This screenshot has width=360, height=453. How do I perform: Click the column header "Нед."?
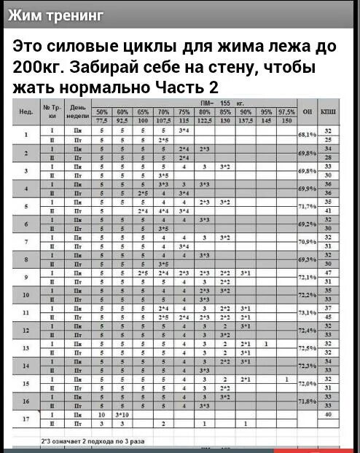coord(26,113)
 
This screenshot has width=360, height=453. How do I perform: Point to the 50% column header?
coord(103,112)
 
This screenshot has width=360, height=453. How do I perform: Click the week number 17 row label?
coord(26,418)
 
